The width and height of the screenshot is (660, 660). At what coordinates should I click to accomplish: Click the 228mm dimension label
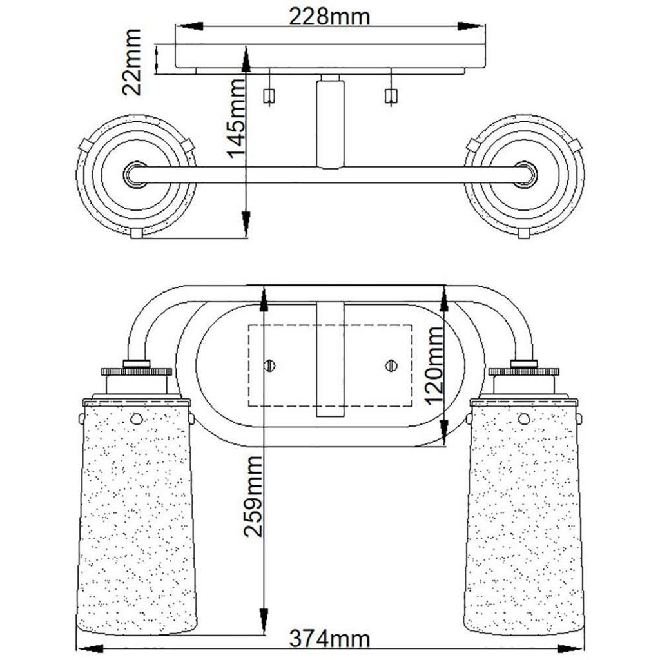329,17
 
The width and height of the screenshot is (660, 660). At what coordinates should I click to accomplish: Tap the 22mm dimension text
131,62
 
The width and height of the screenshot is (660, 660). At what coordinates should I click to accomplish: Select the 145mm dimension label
236,119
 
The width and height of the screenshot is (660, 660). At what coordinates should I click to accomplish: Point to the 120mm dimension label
434,365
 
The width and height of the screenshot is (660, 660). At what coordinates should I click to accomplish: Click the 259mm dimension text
253,496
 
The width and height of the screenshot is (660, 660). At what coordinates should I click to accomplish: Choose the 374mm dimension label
329,639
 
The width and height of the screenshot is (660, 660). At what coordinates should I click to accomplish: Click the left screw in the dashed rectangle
269,365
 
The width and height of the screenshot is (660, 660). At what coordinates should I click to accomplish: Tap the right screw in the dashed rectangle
391,365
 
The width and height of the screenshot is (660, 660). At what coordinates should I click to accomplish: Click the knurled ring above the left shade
137,372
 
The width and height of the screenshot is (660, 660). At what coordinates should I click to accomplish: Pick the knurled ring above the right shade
524,372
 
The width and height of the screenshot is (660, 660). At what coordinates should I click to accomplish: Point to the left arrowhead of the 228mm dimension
189,26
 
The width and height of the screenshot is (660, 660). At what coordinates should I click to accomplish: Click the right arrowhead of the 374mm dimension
570,648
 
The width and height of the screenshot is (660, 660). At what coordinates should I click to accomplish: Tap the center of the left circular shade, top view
135,174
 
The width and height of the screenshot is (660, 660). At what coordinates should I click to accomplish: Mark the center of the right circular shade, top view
525,174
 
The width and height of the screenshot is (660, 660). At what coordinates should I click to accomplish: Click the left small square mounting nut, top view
269,96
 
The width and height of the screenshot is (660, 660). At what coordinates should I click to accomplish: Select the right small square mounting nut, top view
391,96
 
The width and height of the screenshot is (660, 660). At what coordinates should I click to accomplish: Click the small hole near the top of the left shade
137,419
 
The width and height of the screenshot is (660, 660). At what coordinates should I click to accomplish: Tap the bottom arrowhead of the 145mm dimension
246,223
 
